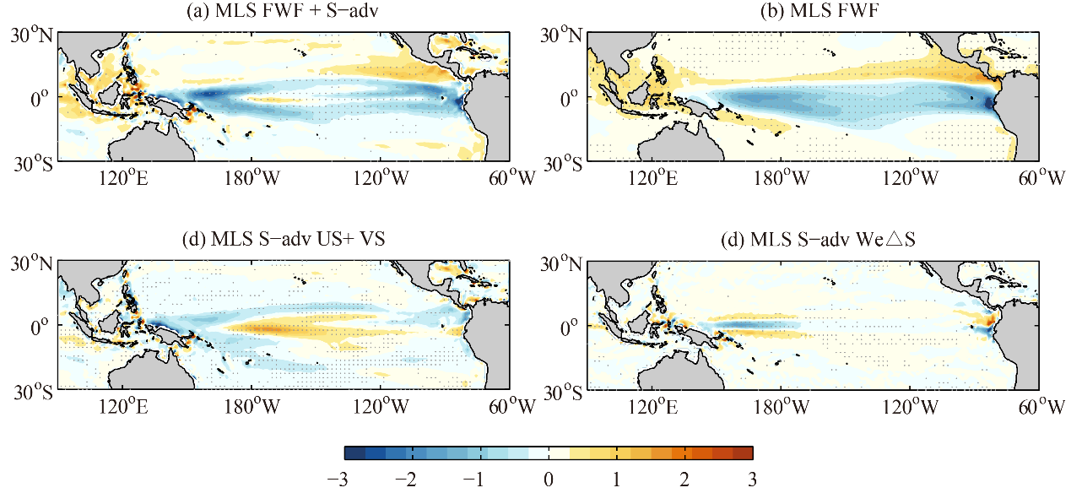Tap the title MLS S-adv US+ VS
[x=284, y=240]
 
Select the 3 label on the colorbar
[x=750, y=480]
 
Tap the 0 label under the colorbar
[x=549, y=480]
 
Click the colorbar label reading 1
[x=617, y=480]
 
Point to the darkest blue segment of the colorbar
[x=354, y=453]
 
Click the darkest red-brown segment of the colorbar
[x=742, y=453]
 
